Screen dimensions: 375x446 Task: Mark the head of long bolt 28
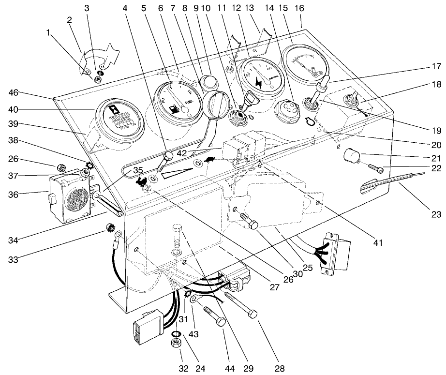point(252,315)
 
